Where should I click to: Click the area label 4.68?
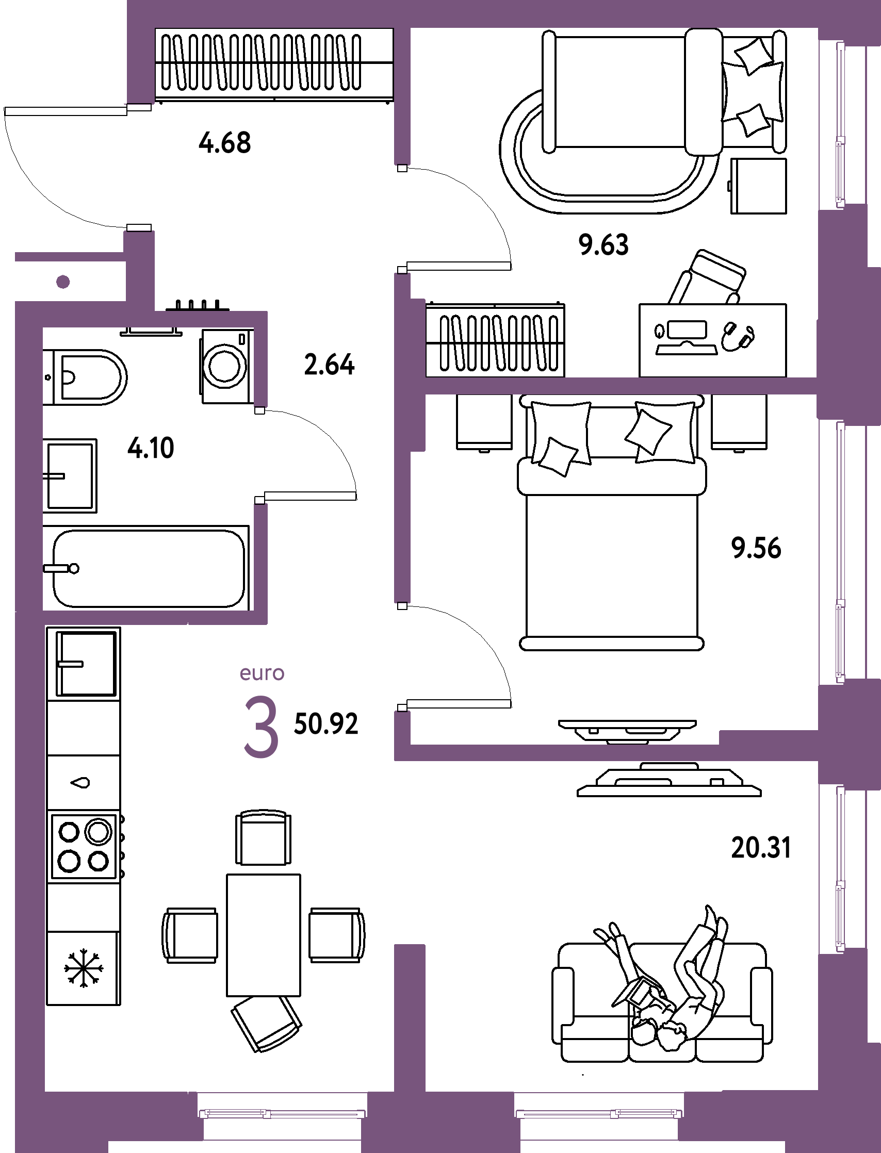pyautogui.click(x=225, y=143)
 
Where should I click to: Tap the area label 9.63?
pyautogui.click(x=603, y=245)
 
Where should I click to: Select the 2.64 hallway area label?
pyautogui.click(x=329, y=365)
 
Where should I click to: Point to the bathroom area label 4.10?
pyautogui.click(x=151, y=448)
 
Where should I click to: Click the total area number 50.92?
pyautogui.click(x=325, y=723)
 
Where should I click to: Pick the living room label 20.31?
pyautogui.click(x=761, y=848)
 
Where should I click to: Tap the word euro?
pyautogui.click(x=262, y=673)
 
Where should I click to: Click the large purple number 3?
pyautogui.click(x=260, y=726)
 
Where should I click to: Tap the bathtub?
pyautogui.click(x=147, y=568)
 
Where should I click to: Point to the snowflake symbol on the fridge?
pyautogui.click(x=84, y=967)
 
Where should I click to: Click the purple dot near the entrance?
pyautogui.click(x=63, y=282)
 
